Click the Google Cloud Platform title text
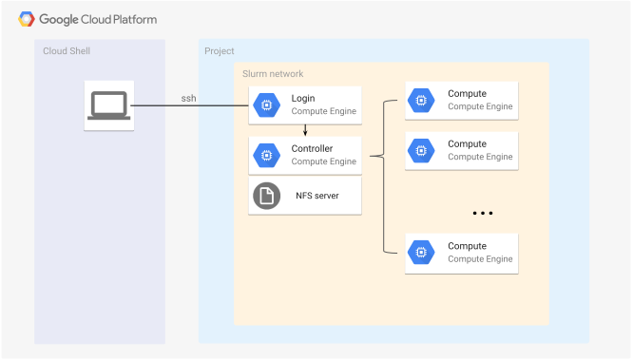[98, 19]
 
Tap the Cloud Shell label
[67, 50]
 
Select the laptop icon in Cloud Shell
[108, 106]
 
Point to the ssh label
[189, 98]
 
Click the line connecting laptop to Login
[190, 106]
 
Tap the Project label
[220, 50]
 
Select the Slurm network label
[273, 73]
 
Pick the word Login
[303, 99]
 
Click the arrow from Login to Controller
[304, 130]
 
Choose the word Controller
[313, 148]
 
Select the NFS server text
[316, 196]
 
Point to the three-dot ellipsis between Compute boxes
[483, 214]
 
